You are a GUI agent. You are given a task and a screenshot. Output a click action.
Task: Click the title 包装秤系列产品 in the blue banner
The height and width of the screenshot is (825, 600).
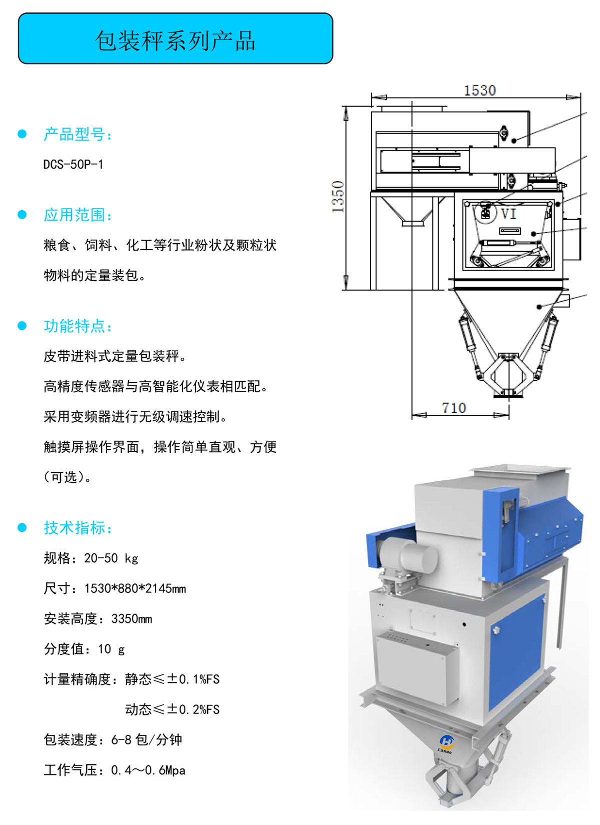pos(175,40)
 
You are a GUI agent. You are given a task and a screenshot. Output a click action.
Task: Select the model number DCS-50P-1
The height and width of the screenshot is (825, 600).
pos(73,164)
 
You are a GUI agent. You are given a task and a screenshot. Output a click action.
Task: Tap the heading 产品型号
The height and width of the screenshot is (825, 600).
pos(77,134)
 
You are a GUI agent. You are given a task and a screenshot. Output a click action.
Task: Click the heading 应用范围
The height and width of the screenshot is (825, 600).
pos(77,215)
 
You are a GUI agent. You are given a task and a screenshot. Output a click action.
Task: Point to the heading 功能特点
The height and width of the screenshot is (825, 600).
pos(77,326)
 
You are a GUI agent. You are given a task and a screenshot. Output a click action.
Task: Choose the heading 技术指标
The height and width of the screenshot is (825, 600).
pos(77,528)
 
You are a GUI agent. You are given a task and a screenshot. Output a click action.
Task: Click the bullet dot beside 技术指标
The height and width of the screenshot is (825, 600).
pos(22,528)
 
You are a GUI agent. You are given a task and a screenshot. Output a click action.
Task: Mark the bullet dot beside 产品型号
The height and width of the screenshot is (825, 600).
pos(22,134)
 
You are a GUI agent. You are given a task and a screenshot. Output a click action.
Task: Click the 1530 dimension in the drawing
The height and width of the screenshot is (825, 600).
pos(479,91)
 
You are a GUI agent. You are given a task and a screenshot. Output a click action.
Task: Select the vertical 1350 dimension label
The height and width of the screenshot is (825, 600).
pos(338,197)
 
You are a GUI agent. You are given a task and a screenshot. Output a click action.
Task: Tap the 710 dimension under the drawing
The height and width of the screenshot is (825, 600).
pos(454,408)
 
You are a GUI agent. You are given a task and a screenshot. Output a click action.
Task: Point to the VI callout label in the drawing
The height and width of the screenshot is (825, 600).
pos(508,213)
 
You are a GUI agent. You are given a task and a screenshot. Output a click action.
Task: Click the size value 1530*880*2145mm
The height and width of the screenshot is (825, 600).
pos(135,588)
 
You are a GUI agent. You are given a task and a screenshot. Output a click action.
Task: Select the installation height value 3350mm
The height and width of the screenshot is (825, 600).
pos(132,619)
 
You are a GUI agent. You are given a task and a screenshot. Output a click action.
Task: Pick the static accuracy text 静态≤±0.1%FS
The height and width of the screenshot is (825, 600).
pos(172,679)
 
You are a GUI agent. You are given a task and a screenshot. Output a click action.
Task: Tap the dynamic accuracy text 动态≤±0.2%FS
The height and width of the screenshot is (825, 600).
pos(172,709)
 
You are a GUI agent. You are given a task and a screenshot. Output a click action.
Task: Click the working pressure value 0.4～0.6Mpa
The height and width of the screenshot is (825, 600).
pos(148,770)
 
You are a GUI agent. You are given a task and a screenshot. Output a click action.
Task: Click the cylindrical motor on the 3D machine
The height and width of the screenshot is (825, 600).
pos(408,555)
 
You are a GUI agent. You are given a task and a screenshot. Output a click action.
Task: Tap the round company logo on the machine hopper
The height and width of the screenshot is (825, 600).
pos(446,741)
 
